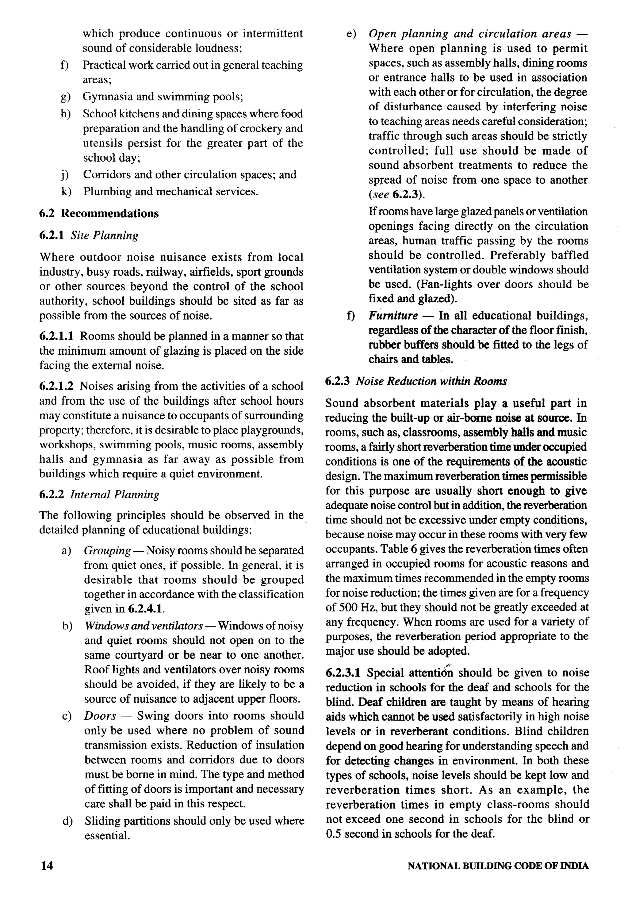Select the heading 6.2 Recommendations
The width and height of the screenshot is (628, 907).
pyautogui.click(x=99, y=214)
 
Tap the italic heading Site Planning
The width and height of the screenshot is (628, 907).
pyautogui.click(x=104, y=236)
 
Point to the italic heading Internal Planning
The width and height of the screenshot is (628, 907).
pyautogui.click(x=114, y=494)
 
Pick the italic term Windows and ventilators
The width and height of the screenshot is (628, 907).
pyautogui.click(x=144, y=626)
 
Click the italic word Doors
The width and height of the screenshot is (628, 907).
pyautogui.click(x=100, y=715)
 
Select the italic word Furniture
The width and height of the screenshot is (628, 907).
pyautogui.click(x=393, y=315)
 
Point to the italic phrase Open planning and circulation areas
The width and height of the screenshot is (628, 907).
pyautogui.click(x=469, y=34)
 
